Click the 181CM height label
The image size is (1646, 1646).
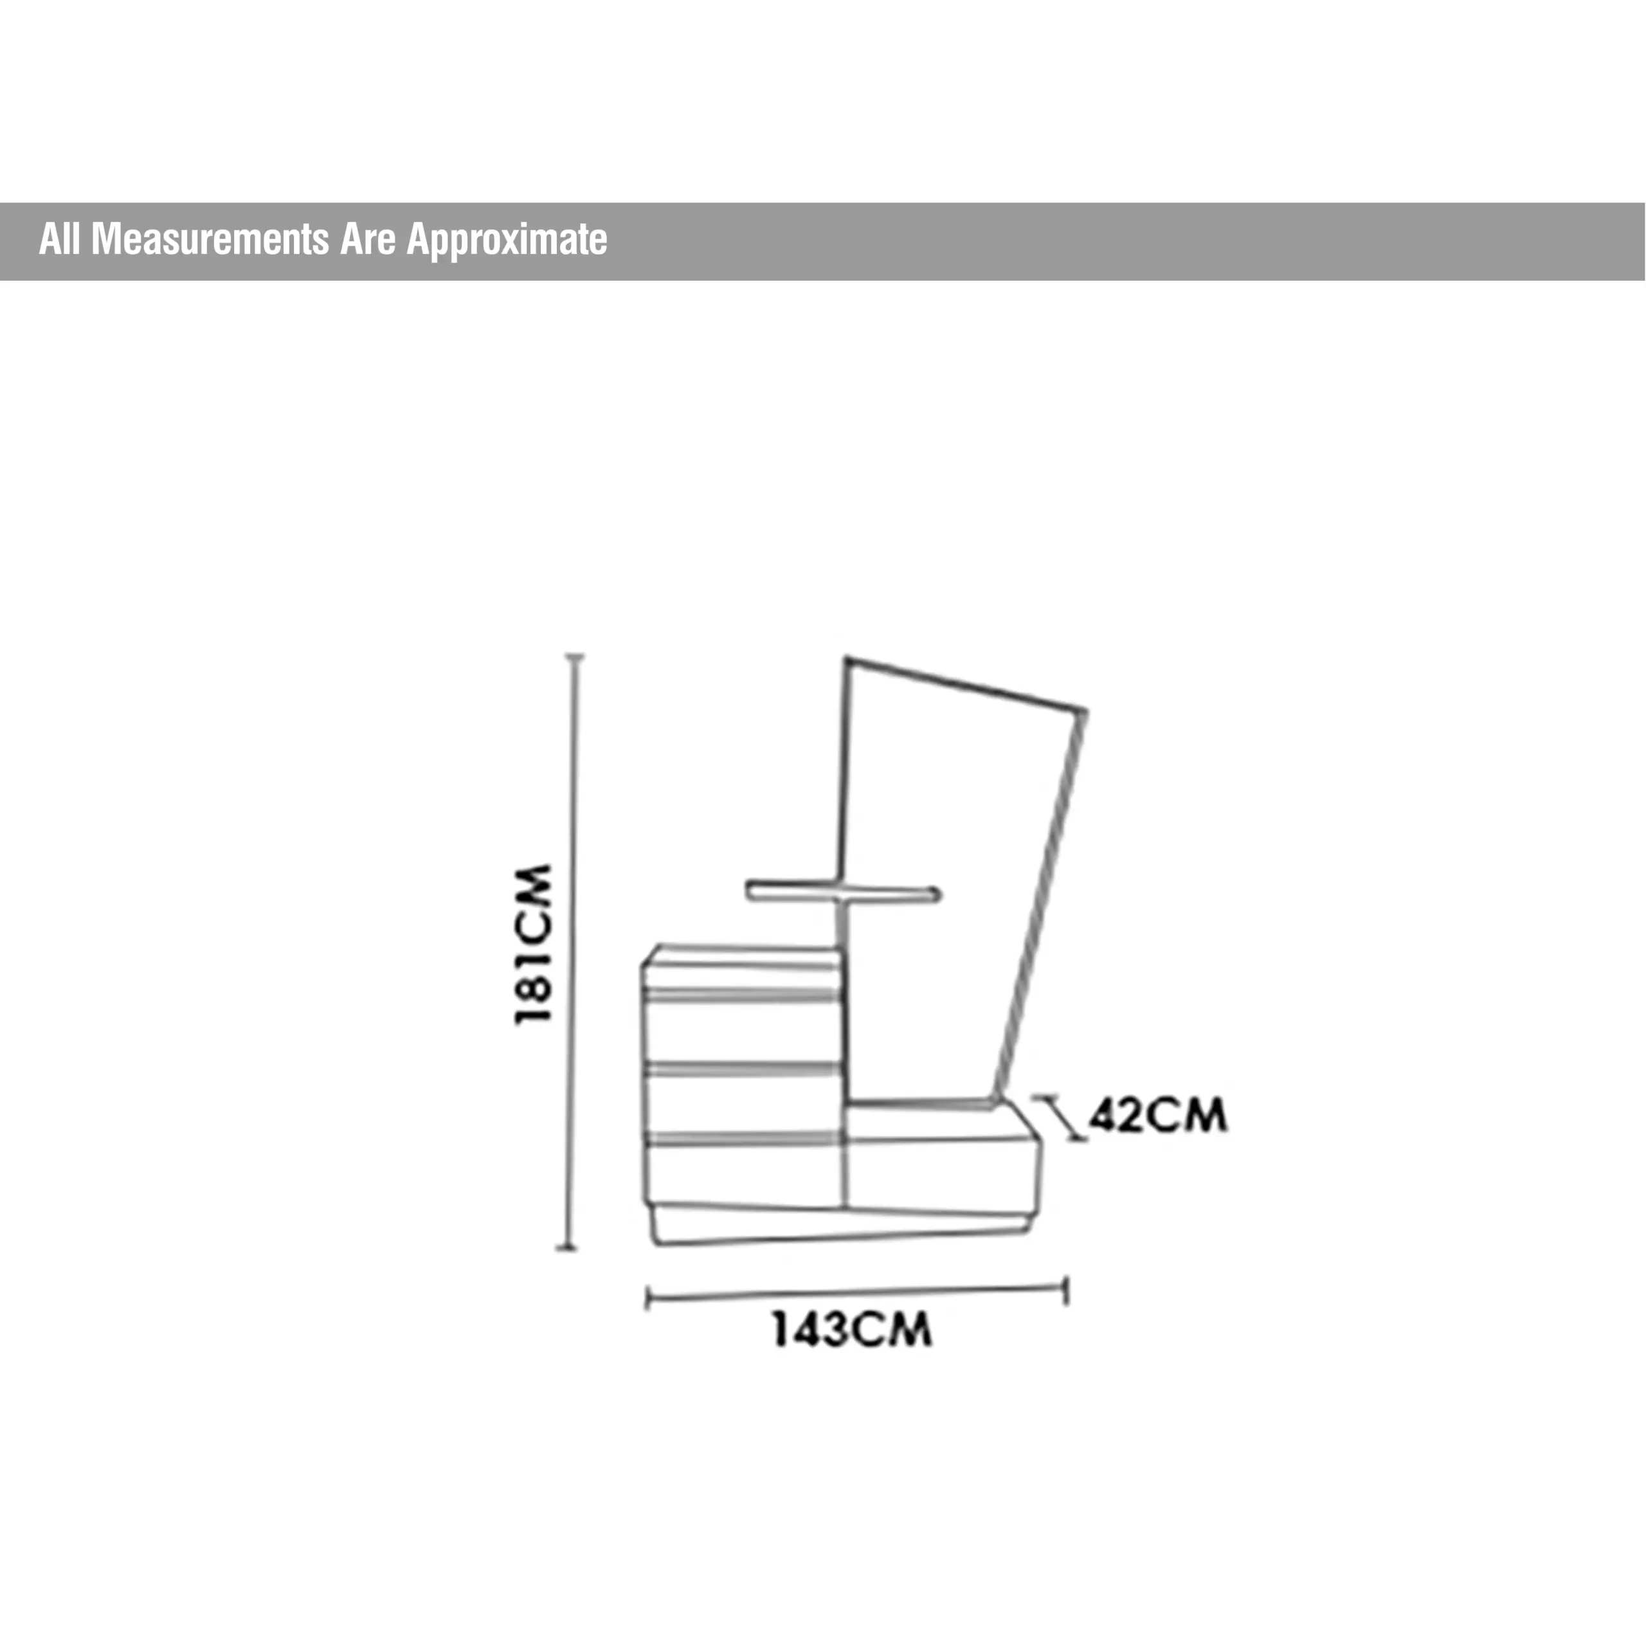[x=535, y=944]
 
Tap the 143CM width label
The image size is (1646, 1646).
[x=852, y=1330]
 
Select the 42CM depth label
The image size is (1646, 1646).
[x=1158, y=1114]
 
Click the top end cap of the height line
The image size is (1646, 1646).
[x=576, y=657]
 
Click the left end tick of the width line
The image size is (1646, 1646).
[x=648, y=1299]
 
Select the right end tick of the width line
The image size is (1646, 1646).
[x=1066, y=1290]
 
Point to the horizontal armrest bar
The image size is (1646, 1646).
[x=844, y=893]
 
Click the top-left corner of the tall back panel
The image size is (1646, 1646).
[x=847, y=660]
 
